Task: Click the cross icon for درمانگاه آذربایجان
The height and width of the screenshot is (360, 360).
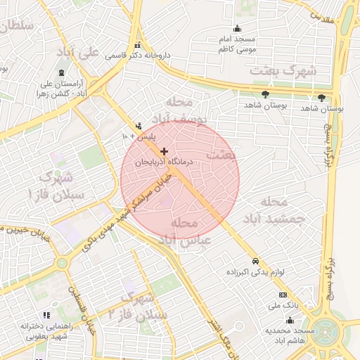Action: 165,151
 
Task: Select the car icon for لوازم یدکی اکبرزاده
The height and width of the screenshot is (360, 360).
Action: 255,259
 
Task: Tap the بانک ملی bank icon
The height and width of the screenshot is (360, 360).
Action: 283,295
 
